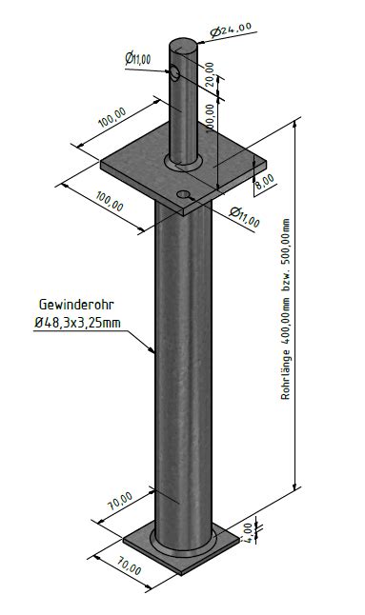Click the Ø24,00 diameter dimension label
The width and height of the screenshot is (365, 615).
click(231, 30)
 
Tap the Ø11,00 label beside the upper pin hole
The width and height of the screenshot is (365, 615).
click(138, 59)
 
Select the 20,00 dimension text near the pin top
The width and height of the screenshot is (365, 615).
click(210, 74)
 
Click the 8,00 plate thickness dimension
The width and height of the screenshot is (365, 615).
click(266, 182)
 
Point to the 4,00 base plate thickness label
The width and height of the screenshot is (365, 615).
click(247, 532)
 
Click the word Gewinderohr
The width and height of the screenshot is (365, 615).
click(76, 305)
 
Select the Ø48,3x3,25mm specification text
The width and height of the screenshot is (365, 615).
click(77, 323)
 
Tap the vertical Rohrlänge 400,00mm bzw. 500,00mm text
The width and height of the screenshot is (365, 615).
click(286, 309)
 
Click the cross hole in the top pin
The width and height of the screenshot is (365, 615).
click(174, 73)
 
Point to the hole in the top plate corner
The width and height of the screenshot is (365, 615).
click(183, 194)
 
